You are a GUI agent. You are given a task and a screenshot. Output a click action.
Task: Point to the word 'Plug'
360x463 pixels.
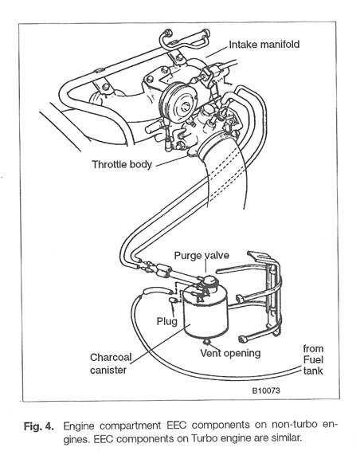click(x=166, y=322)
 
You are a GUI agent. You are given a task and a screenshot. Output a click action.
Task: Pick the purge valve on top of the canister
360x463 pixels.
click(x=208, y=281)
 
